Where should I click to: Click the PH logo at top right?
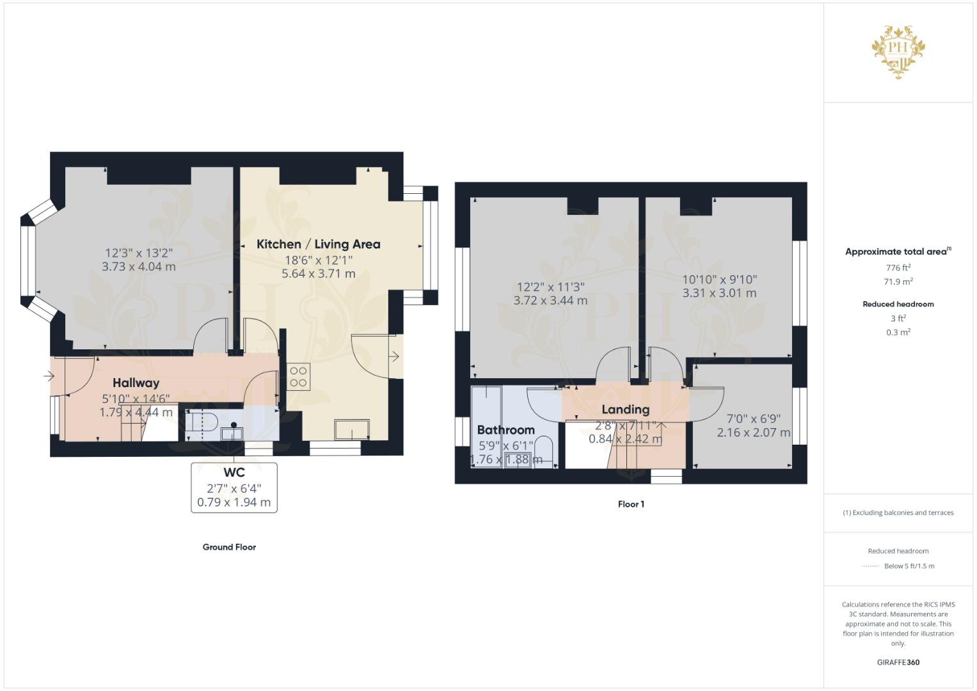(898, 52)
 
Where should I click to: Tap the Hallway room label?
(136, 383)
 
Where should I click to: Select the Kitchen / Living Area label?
(319, 244)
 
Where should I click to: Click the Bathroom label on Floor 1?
(506, 430)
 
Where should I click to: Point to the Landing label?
(626, 409)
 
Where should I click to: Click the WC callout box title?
(234, 472)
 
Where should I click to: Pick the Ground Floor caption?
(229, 547)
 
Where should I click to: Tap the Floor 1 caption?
(631, 504)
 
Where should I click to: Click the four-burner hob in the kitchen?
(298, 377)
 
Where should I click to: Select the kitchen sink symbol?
(352, 429)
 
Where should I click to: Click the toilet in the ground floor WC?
(202, 423)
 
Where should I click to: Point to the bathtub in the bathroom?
(486, 427)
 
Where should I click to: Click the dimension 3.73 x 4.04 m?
(139, 267)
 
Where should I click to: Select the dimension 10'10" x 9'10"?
(720, 280)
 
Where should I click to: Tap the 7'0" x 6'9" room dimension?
(753, 419)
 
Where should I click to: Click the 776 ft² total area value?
(898, 268)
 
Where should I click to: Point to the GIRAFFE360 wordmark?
(898, 662)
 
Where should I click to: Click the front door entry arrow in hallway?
(49, 376)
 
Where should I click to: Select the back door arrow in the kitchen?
(394, 357)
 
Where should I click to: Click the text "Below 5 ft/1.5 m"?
(909, 566)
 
